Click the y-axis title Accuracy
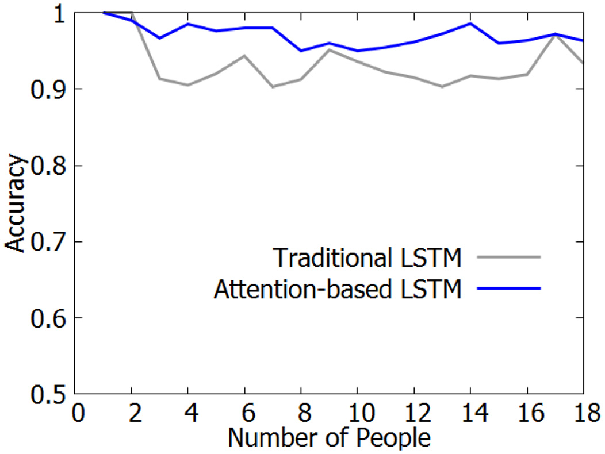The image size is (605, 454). coord(16,204)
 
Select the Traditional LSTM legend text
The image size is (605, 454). coord(368,257)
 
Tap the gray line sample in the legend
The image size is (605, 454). coord(508,257)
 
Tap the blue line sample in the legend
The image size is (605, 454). coord(508,288)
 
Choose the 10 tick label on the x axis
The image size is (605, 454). coord(357,413)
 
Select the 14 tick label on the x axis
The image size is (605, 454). coord(470,413)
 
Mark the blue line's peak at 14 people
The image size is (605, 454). coord(470,24)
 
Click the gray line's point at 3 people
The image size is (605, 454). coord(160,79)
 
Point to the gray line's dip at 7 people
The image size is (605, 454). coord(273,87)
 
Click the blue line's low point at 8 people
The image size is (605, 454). coord(301,51)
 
